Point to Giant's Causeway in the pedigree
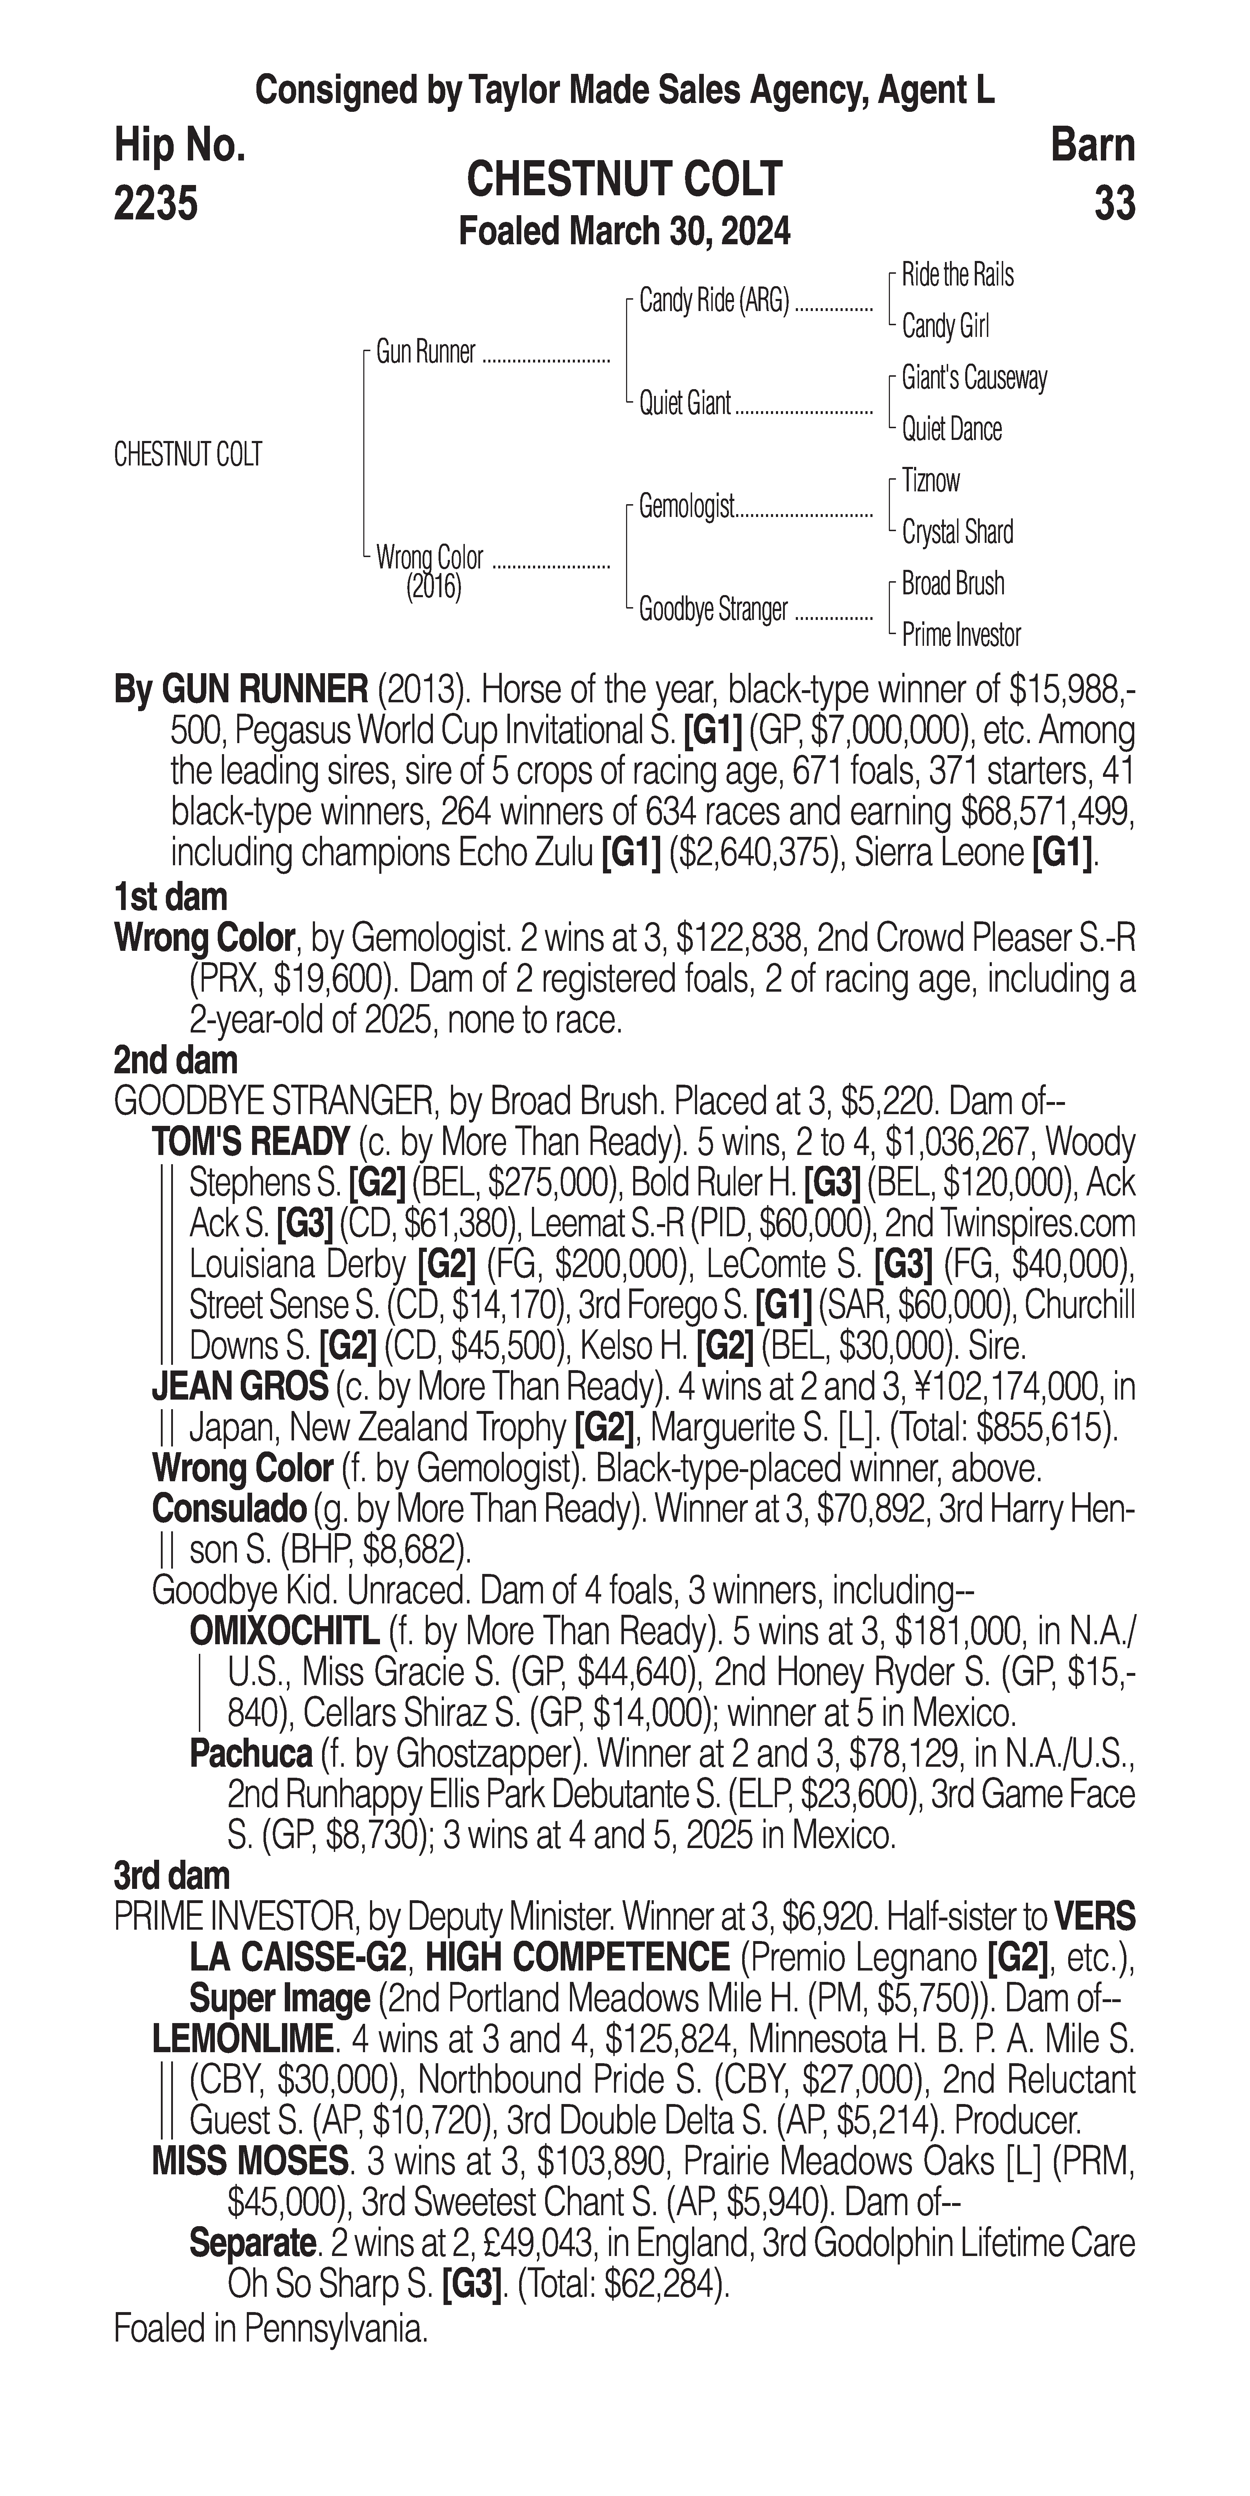click(x=974, y=378)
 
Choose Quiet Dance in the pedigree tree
click(x=952, y=429)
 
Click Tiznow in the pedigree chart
click(x=930, y=481)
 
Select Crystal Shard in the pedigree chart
click(x=957, y=532)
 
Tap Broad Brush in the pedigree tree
click(x=952, y=583)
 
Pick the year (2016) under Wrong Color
click(x=433, y=587)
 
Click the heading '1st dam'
click(x=170, y=897)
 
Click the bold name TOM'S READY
click(x=250, y=1143)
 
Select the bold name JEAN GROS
click(x=239, y=1386)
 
